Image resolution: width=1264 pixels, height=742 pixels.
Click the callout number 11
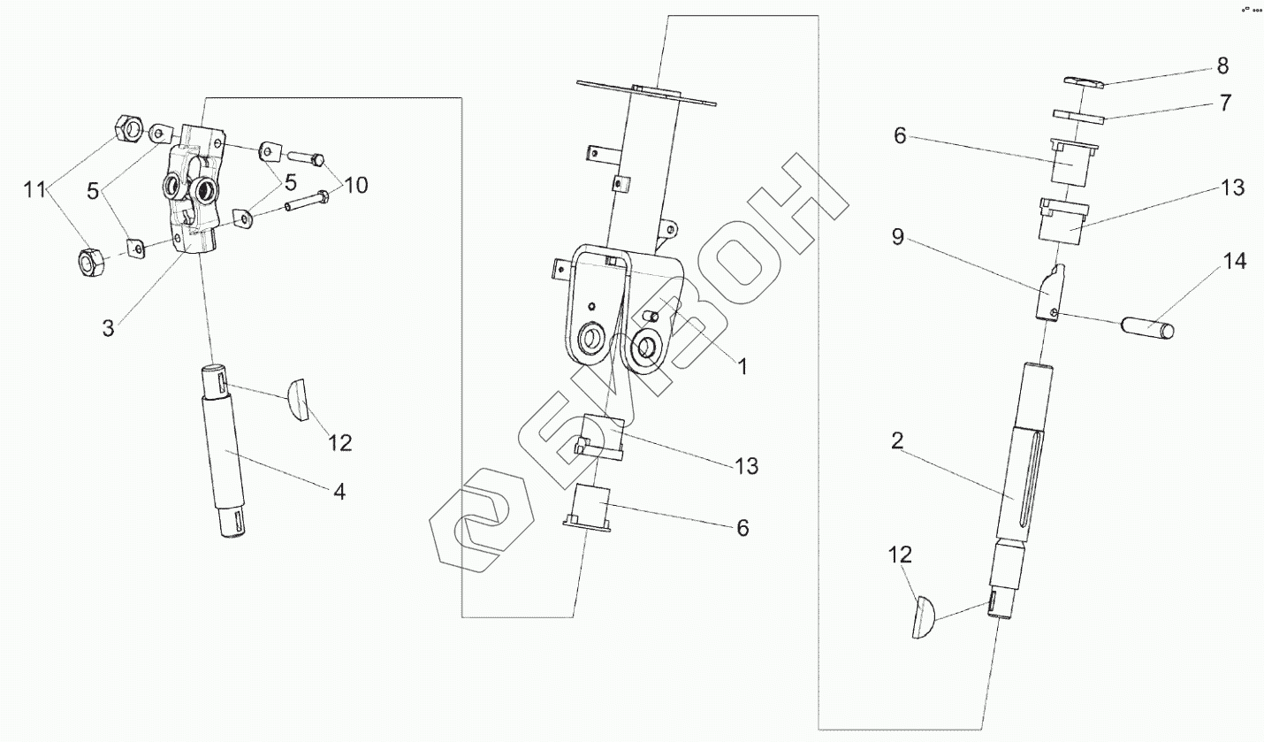[34, 188]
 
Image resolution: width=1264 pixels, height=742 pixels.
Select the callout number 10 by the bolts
[356, 185]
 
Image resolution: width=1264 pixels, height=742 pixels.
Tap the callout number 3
[108, 328]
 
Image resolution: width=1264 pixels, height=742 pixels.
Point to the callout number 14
[1234, 263]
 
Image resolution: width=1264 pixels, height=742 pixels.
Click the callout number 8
[1222, 65]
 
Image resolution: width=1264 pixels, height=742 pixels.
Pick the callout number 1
[742, 366]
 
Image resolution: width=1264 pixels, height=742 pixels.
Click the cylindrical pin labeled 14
[1148, 328]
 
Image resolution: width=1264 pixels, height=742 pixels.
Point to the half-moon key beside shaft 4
[297, 399]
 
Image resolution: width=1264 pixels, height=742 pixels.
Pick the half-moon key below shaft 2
[922, 617]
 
